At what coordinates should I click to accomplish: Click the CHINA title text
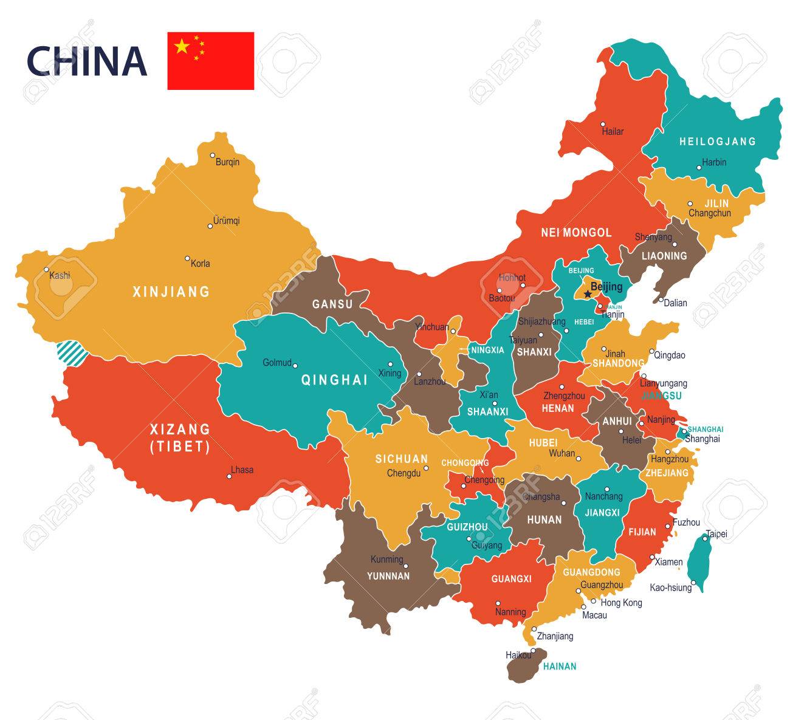[86, 61]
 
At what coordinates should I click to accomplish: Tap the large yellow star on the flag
[182, 46]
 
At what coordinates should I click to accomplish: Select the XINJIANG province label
[171, 292]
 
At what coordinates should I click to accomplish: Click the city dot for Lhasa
[229, 476]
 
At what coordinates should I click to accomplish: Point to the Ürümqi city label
[226, 221]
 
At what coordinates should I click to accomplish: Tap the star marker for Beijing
[587, 294]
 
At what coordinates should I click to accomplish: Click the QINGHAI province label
[335, 380]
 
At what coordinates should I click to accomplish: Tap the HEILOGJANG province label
[717, 142]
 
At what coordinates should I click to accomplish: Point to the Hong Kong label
[621, 603]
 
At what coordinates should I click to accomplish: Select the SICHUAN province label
[402, 459]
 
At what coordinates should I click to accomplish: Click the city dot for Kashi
[46, 270]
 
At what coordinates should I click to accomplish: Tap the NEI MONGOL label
[576, 233]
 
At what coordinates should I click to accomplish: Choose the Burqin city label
[227, 162]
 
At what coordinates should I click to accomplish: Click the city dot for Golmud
[295, 365]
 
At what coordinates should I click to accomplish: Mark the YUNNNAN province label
[388, 576]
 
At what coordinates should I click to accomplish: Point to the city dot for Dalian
[661, 300]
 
